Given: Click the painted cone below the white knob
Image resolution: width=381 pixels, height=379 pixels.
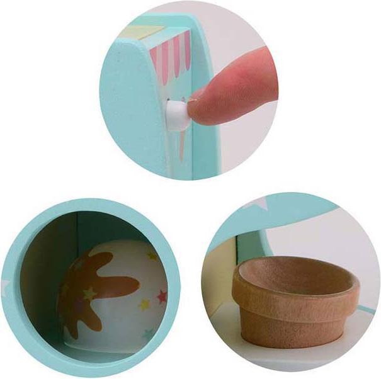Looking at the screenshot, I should point(181,141).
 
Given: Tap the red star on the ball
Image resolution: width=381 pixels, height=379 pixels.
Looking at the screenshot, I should point(161,295).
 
